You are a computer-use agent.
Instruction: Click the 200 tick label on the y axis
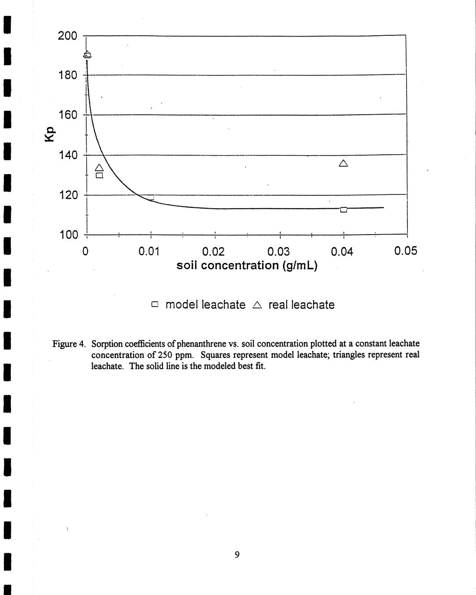click(x=67, y=36)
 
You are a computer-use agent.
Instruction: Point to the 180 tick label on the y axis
click(x=67, y=75)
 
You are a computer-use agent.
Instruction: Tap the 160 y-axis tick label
click(x=67, y=115)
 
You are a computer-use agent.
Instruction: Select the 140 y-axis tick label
click(x=67, y=155)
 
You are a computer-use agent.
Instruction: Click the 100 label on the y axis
click(x=67, y=235)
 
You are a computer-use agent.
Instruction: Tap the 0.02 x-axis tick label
click(x=213, y=251)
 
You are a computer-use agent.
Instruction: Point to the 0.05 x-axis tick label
click(x=406, y=251)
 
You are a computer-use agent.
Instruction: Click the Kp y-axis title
click(x=50, y=135)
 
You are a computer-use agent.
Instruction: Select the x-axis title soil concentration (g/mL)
click(x=247, y=265)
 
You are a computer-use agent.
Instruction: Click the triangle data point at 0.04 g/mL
click(x=344, y=163)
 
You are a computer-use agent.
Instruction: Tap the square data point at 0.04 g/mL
click(x=344, y=210)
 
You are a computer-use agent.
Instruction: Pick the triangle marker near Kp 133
click(x=99, y=168)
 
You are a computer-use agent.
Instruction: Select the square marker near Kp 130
click(x=99, y=175)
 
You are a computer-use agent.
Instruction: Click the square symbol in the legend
click(x=155, y=304)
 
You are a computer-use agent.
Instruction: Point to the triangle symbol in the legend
click(x=257, y=305)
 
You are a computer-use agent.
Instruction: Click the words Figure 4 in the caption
click(x=69, y=344)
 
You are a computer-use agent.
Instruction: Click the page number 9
click(x=237, y=555)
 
